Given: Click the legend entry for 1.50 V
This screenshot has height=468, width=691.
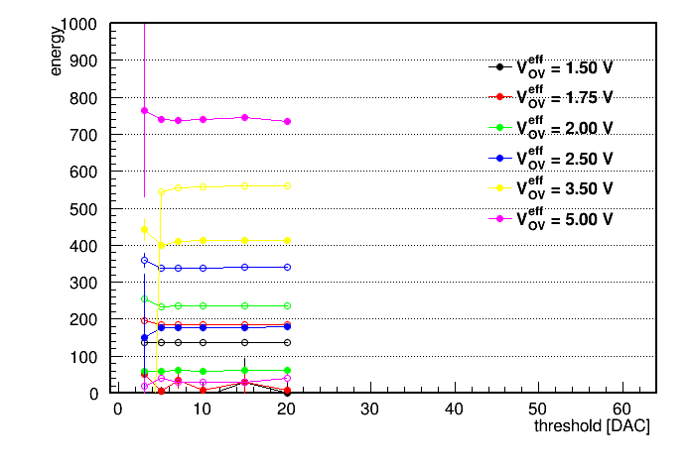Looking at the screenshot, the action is pos(551,66).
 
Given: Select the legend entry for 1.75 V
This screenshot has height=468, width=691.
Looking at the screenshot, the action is pos(551,97).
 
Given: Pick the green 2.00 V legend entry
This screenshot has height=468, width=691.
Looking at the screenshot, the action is pos(551,128).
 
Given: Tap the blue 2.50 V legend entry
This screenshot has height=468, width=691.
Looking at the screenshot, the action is pos(551,158).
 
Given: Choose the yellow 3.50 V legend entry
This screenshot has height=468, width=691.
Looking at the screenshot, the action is pos(551,188).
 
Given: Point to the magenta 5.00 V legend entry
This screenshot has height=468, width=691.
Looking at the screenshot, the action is pos(551,219).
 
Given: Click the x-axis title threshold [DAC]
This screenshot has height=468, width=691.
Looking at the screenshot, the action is pos(592,426).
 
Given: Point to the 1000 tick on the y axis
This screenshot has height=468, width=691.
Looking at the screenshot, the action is pos(78,24).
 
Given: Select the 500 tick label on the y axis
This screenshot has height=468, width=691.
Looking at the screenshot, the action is pos(83,209).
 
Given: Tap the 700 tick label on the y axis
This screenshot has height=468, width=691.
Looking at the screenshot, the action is pos(83,135).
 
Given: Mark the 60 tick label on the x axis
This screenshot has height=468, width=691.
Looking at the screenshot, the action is pos(622,409).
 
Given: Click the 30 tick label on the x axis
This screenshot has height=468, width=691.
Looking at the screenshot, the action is pos(369,409).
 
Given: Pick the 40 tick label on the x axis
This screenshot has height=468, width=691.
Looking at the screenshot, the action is pos(454,409).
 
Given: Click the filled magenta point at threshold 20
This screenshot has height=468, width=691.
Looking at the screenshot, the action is pos(287,122).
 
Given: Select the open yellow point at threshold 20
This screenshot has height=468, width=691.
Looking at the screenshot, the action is pos(287,186).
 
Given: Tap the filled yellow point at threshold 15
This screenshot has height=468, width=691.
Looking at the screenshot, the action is pos(245,240).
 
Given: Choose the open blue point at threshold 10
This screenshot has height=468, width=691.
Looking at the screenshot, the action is pos(204,268).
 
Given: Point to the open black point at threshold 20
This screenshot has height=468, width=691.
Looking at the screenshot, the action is pos(287,342).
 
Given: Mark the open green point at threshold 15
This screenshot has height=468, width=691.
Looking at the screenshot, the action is pos(245,306).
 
